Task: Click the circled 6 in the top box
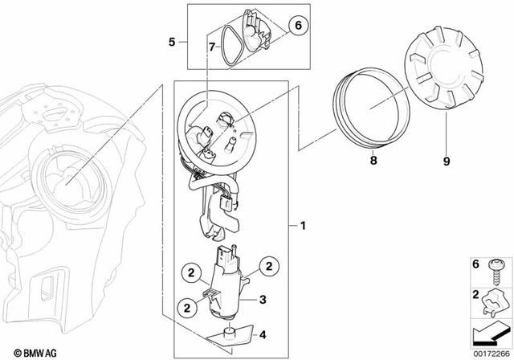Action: [296, 27]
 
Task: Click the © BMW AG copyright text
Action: [27, 351]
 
